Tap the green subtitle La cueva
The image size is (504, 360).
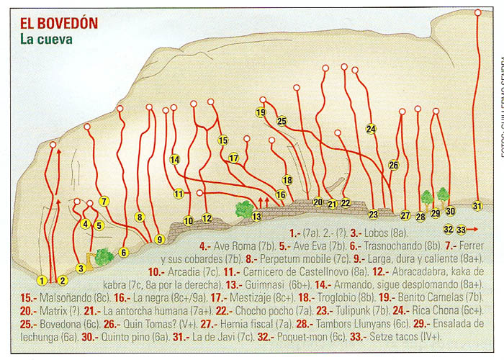coord(46,40)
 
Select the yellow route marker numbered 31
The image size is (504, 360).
coord(477,206)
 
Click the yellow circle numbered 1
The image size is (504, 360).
coord(42,280)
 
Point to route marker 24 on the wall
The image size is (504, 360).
coord(371,129)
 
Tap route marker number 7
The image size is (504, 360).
coord(104,202)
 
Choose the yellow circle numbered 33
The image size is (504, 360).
coord(462,230)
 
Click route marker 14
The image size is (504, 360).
coord(175,159)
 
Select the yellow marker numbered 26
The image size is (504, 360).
coord(393,165)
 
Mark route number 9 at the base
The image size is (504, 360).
coord(159,239)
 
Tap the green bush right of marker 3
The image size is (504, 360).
coord(104,256)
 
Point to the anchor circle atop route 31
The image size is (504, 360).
coord(478,12)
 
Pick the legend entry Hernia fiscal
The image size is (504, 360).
coord(240,324)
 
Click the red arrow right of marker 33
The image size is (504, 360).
coord(474,230)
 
